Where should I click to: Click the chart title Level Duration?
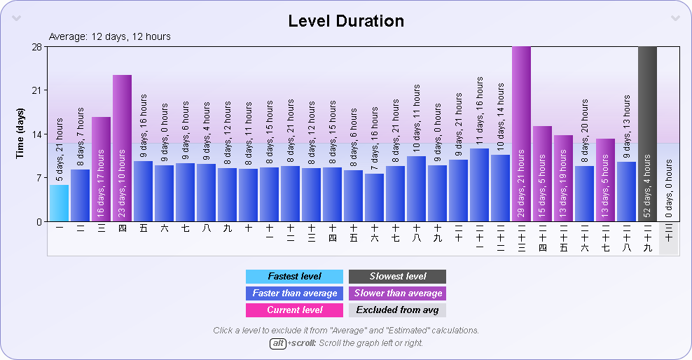coord(346,21)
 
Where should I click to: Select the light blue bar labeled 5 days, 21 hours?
coord(59,203)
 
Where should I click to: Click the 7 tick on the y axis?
coord(39,178)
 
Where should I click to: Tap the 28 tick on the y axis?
coord(36,47)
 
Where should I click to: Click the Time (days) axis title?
coord(20,134)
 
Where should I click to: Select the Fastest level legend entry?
coord(294,277)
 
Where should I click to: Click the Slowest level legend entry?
coord(397,277)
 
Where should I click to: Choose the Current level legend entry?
coord(294,310)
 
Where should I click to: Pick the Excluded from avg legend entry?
coord(397,310)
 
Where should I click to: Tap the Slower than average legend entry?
coord(397,293)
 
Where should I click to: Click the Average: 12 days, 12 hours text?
coord(110,36)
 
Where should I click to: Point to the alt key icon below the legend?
coord(278,343)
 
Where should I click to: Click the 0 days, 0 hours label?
coord(668,189)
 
